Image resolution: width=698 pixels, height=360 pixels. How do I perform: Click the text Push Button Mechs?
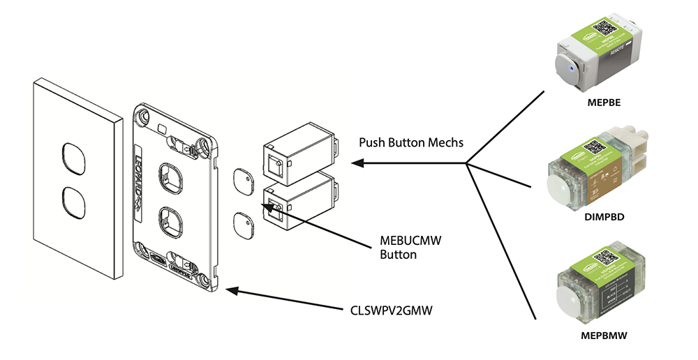pos(411,142)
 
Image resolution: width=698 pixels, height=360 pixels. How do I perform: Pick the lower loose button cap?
pos(243,225)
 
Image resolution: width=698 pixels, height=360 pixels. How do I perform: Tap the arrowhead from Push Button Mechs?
pos(356,163)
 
